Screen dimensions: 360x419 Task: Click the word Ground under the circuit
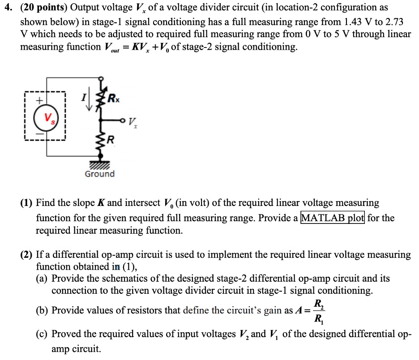[99, 174]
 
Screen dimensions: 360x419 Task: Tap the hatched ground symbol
[100, 165]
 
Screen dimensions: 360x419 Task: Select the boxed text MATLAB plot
[333, 218]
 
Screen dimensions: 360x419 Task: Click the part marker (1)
[26, 203]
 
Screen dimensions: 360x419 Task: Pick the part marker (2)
[26, 255]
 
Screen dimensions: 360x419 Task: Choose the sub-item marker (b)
[43, 310]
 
